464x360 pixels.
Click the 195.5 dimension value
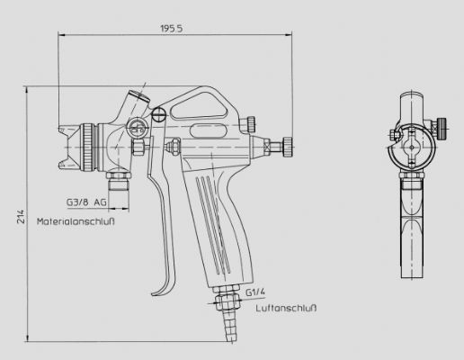[x=171, y=29]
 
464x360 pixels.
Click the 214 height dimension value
[x=21, y=216]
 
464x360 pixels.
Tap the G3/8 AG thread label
[x=86, y=202]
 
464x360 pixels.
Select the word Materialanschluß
[x=76, y=221]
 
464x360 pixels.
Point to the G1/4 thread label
[x=255, y=292]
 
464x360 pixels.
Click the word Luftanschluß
[x=286, y=308]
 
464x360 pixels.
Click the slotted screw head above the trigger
[x=158, y=114]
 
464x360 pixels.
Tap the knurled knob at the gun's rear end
[x=288, y=147]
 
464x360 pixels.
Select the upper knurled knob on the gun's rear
[x=251, y=124]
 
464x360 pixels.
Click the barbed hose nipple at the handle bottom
[x=228, y=326]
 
